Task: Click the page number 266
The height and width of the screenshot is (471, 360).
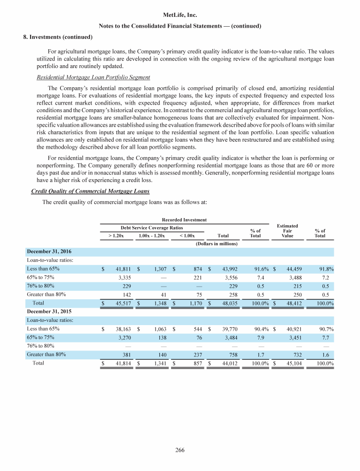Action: click(x=180, y=450)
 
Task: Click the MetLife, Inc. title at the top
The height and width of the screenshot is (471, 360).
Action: click(x=180, y=15)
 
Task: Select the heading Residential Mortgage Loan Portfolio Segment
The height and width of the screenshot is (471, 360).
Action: click(x=90, y=77)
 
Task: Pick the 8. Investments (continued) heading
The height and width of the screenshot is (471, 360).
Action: click(x=48, y=37)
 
